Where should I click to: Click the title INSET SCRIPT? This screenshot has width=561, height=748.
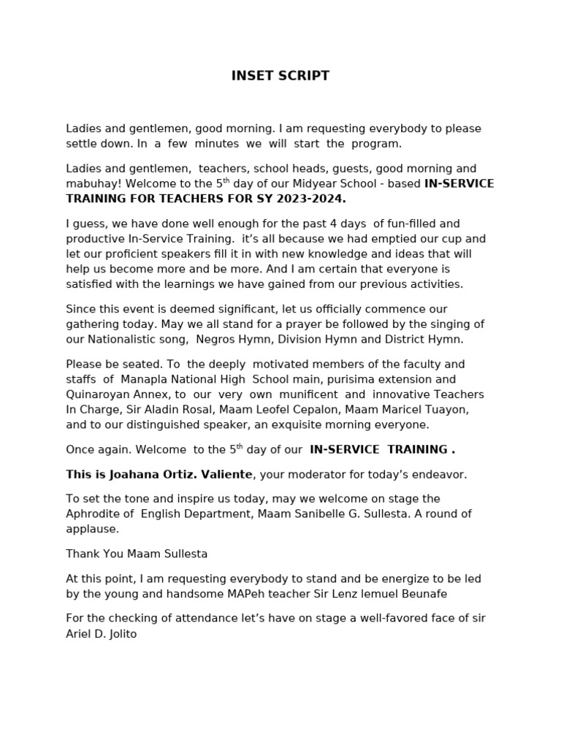point(280,76)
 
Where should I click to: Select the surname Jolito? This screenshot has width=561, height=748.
point(119,634)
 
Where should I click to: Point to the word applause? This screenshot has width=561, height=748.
point(92,529)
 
